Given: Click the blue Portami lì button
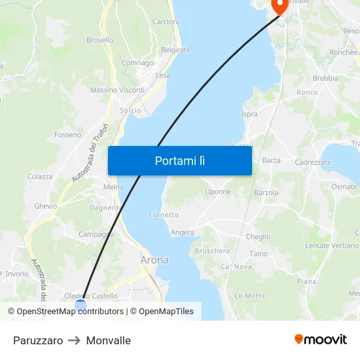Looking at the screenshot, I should pyautogui.click(x=179, y=160).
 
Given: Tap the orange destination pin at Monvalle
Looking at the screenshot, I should pyautogui.click(x=280, y=7).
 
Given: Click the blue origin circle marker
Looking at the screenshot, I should pyautogui.click(x=81, y=304).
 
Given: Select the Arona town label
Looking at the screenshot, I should pyautogui.click(x=154, y=260).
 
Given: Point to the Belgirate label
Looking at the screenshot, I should pyautogui.click(x=175, y=50).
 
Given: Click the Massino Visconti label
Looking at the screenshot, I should pyautogui.click(x=117, y=90).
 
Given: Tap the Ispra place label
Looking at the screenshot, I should pyautogui.click(x=249, y=114).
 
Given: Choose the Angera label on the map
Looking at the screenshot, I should pyautogui.click(x=183, y=232).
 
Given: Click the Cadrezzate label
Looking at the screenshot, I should pyautogui.click(x=313, y=162).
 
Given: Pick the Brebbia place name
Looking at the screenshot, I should pyautogui.click(x=325, y=78).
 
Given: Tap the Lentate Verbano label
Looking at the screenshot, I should pyautogui.click(x=332, y=245).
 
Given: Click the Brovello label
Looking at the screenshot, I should pyautogui.click(x=99, y=40).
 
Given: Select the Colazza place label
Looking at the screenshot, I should pyautogui.click(x=40, y=177).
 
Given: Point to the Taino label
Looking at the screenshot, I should pyautogui.click(x=259, y=254).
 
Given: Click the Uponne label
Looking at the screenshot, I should pyautogui.click(x=218, y=192).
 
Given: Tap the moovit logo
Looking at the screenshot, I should pyautogui.click(x=321, y=339).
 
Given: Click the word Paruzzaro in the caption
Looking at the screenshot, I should pyautogui.click(x=38, y=340).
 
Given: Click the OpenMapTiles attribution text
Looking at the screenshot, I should pyautogui.click(x=166, y=312).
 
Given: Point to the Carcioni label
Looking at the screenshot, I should pyautogui.click(x=165, y=22).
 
